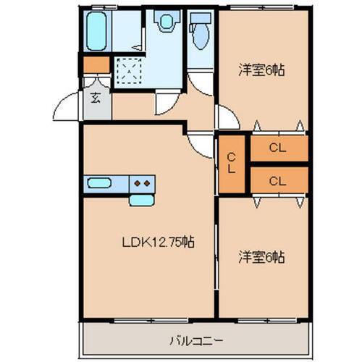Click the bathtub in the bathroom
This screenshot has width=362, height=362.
[x=97, y=31]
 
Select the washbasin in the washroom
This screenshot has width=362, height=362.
[x=166, y=22]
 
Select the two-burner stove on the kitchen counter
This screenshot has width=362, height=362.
[x=141, y=183]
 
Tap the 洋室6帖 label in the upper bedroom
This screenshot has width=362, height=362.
[x=262, y=70]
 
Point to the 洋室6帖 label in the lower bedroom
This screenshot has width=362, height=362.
[x=262, y=256]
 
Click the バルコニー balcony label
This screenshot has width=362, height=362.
[x=196, y=339]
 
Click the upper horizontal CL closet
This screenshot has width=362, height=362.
[x=278, y=148]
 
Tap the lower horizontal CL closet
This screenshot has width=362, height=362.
[x=278, y=180]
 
